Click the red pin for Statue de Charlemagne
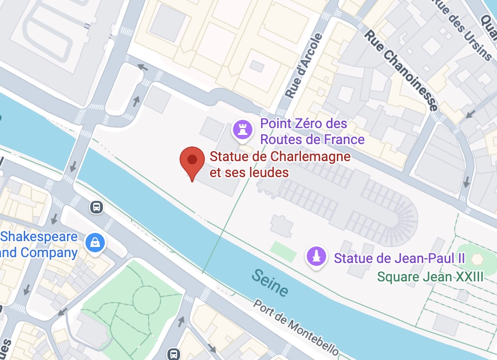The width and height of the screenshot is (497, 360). tap(192, 161)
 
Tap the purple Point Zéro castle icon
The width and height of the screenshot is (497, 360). tap(242, 130)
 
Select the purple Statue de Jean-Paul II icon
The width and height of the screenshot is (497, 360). tap(316, 256)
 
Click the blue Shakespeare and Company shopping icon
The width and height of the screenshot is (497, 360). tap(95, 241)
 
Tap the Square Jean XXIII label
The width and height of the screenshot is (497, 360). tap(431, 277)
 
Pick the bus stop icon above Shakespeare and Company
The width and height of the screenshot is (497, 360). tap(97, 208)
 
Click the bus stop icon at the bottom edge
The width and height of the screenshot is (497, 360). tap(173, 354)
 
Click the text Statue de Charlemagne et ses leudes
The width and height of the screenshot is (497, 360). tap(280, 164)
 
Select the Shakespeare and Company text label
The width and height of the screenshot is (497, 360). tap(39, 245)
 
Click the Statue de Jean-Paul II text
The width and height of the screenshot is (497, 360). tap(399, 258)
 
